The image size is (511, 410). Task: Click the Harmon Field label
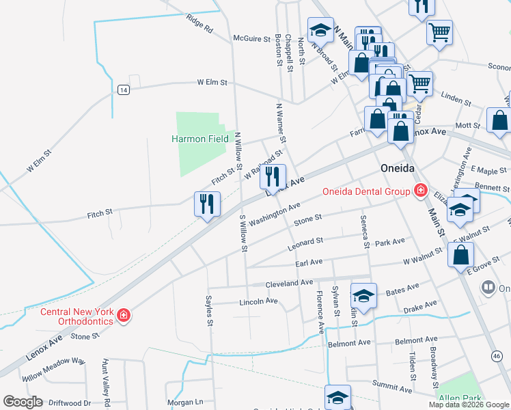[199, 139]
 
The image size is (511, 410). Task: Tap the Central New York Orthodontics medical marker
[124, 315]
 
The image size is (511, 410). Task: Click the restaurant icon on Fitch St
[207, 204]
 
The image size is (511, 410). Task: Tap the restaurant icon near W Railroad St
[273, 176]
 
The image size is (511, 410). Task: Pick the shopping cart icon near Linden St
[419, 84]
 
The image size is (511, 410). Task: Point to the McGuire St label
[252, 39]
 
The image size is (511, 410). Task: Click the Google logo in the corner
[23, 402]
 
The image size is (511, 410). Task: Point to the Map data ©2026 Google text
[469, 405]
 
